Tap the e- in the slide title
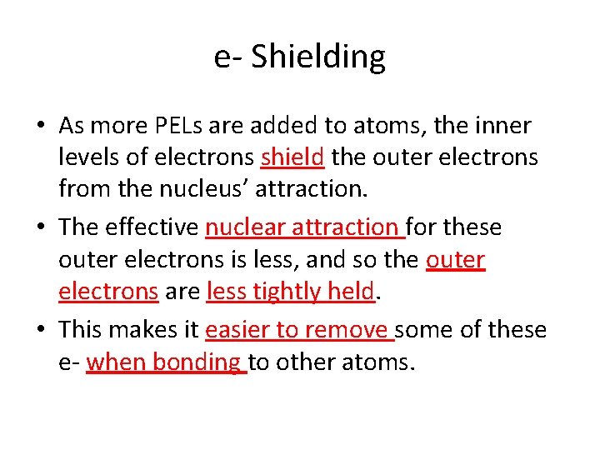(x=228, y=57)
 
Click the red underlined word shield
(x=293, y=157)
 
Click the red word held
(x=351, y=291)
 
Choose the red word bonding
(x=202, y=362)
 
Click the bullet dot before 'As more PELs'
(x=41, y=127)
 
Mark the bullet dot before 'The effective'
(x=41, y=227)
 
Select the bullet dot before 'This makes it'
(x=41, y=331)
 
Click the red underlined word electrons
(x=108, y=291)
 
